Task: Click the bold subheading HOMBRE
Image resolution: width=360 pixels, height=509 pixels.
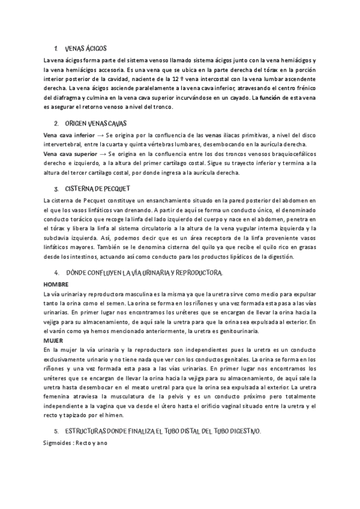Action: tap(56, 283)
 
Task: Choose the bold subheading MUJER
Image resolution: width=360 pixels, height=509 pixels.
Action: tap(53, 340)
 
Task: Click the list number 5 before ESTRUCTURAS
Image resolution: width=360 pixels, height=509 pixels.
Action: tap(56, 431)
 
